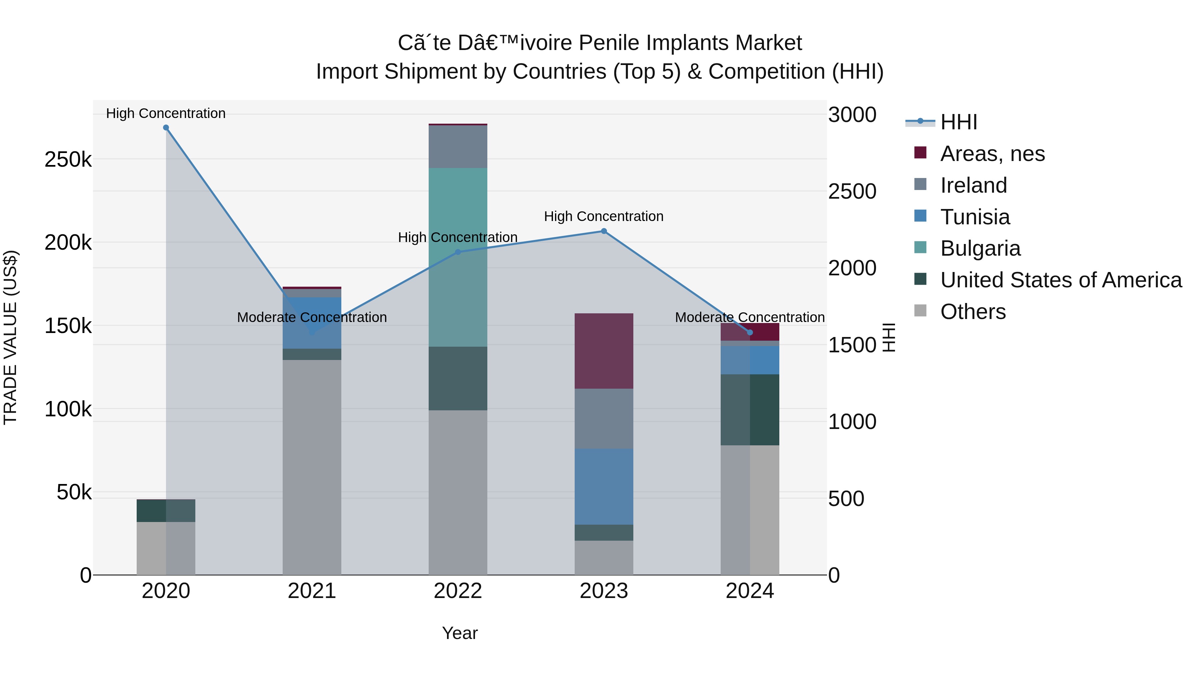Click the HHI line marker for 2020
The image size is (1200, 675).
[166, 128]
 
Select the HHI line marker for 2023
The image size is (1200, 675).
[604, 231]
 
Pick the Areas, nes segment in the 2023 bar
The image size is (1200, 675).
[604, 351]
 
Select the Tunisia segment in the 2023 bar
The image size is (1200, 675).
[604, 486]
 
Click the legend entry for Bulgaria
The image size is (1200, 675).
[980, 248]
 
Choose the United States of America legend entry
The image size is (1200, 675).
[1061, 280]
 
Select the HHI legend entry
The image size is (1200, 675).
[958, 122]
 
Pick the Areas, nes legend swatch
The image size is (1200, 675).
[920, 153]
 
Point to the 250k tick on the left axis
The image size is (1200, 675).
[68, 160]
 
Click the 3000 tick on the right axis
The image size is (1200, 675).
[852, 115]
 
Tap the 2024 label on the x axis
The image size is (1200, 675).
[750, 591]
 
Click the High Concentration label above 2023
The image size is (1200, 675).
[604, 216]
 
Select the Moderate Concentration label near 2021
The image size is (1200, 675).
[312, 317]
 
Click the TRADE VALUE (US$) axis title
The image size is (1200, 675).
[10, 337]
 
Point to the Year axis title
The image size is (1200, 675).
[459, 633]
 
